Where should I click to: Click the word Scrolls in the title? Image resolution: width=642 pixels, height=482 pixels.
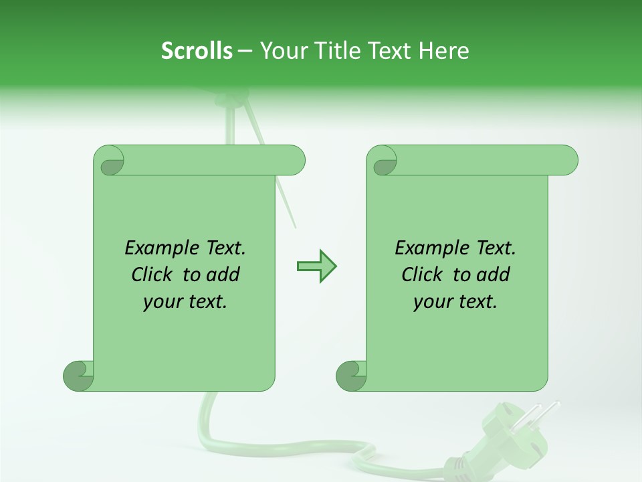coord(197,51)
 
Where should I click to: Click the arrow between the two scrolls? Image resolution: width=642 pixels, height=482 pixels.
coord(316,266)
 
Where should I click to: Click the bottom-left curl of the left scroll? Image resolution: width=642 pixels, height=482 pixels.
coord(79,376)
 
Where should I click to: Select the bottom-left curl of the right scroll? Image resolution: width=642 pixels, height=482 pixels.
coord(351,376)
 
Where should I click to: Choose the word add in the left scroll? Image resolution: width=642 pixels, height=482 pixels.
coord(224,275)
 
